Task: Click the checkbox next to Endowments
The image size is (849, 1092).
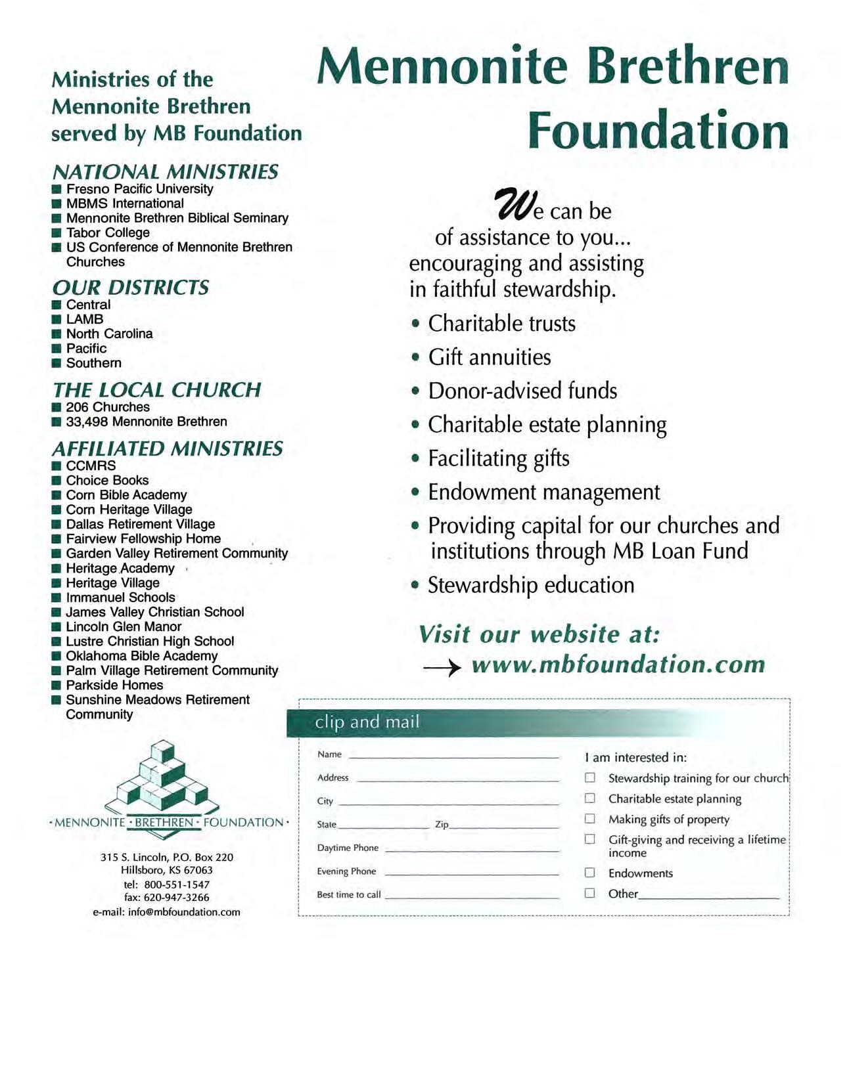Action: click(589, 872)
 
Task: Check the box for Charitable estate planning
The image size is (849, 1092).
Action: click(589, 798)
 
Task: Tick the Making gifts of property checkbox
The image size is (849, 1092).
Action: click(589, 818)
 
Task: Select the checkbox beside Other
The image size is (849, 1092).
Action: click(589, 892)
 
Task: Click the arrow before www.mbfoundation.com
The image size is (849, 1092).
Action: click(442, 668)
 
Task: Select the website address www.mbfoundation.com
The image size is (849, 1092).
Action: click(618, 665)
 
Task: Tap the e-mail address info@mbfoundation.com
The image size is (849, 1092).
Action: click(184, 912)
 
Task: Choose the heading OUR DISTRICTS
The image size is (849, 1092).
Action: click(130, 288)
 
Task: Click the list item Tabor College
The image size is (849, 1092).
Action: click(108, 232)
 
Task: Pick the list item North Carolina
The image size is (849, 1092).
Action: click(109, 334)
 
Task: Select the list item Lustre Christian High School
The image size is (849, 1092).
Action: click(150, 641)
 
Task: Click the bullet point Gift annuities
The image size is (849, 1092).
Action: click(490, 357)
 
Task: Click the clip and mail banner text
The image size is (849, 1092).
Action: click(367, 722)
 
